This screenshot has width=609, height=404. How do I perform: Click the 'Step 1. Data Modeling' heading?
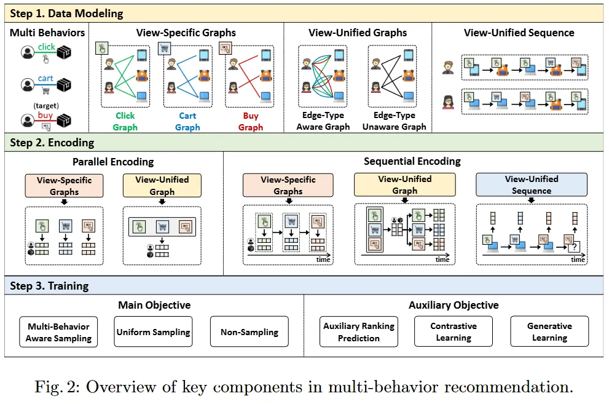pyautogui.click(x=66, y=13)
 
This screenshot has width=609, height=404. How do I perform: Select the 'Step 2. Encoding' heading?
pyautogui.click(x=52, y=143)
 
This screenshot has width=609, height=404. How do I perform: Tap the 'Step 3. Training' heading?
pyautogui.click(x=50, y=286)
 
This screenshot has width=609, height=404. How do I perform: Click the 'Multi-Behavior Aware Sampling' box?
pyautogui.click(x=58, y=332)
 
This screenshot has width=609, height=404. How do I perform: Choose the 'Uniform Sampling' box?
pyautogui.click(x=153, y=332)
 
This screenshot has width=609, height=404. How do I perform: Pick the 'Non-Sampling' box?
pyautogui.click(x=249, y=332)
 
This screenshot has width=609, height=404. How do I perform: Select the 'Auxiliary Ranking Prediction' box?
pyautogui.click(x=359, y=332)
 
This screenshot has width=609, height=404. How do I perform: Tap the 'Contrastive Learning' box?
pyautogui.click(x=454, y=332)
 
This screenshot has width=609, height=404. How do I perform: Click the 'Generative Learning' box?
pyautogui.click(x=549, y=332)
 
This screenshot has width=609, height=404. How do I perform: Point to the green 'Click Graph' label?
pyautogui.click(x=125, y=122)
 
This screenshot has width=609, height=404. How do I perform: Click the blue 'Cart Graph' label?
pyautogui.click(x=187, y=122)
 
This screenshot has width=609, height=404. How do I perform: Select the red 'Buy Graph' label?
pyautogui.click(x=250, y=122)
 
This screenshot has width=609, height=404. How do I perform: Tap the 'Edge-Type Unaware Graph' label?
pyautogui.click(x=394, y=121)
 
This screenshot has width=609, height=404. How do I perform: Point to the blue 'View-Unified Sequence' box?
pyautogui.click(x=532, y=184)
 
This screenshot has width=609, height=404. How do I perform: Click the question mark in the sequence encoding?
pyautogui.click(x=575, y=247)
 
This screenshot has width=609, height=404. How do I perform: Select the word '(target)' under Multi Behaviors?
pyautogui.click(x=46, y=105)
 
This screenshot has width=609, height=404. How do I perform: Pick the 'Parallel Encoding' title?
pyautogui.click(x=113, y=162)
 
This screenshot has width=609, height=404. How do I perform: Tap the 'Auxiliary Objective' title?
pyautogui.click(x=454, y=305)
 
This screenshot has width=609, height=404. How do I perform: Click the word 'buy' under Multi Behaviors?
pyautogui.click(x=45, y=115)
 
